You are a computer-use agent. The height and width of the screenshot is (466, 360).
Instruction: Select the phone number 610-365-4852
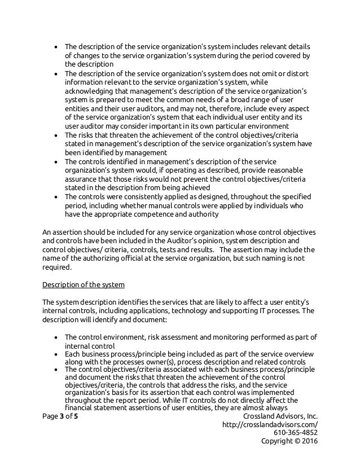click(x=296, y=433)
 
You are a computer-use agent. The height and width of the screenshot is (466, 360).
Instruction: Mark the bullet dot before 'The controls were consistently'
click(x=58, y=197)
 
